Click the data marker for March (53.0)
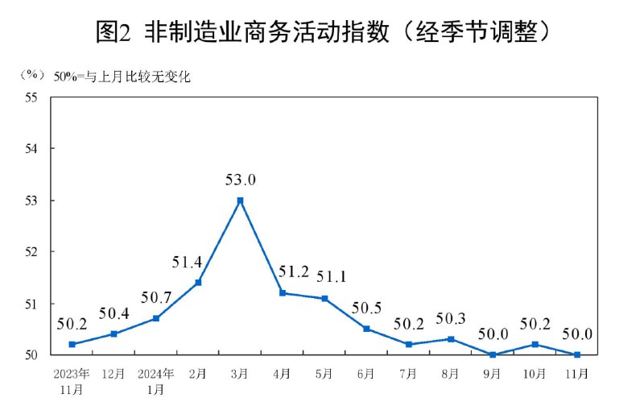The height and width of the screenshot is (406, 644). (x=240, y=200)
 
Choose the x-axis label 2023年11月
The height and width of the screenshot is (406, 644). (x=72, y=382)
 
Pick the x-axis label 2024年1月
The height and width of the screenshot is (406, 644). (x=156, y=382)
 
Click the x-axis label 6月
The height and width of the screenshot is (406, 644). (x=366, y=375)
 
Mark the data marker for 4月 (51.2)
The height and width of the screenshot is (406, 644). (x=282, y=293)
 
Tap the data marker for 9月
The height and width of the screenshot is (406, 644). (x=492, y=354)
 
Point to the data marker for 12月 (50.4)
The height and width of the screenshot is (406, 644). (x=114, y=333)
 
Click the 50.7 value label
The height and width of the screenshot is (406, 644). (x=155, y=297)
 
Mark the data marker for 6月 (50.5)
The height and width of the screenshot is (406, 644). (x=366, y=329)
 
